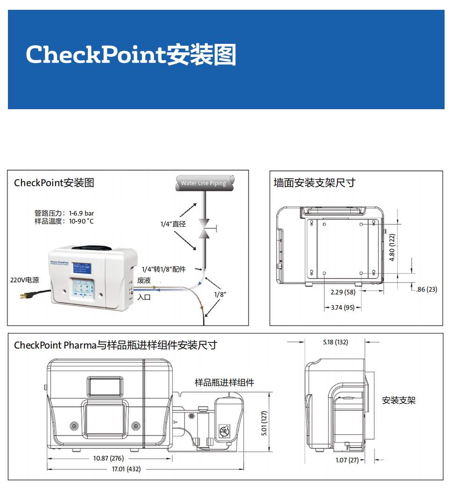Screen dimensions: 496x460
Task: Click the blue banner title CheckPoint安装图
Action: [x=131, y=55]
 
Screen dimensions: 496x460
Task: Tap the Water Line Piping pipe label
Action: [x=204, y=183]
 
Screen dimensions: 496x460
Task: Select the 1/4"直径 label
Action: [x=173, y=224]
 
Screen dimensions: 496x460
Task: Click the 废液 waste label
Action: [x=144, y=280]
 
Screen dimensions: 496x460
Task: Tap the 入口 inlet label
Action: [x=144, y=297]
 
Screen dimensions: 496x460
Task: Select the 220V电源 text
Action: [x=25, y=280]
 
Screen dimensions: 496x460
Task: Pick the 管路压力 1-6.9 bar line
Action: [x=64, y=213]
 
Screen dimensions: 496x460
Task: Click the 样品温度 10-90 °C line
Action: [x=64, y=221]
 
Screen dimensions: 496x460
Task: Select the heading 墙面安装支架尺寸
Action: [x=314, y=182]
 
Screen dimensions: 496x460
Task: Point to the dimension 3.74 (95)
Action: [x=342, y=307]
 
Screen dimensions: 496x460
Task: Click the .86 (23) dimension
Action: [x=426, y=289]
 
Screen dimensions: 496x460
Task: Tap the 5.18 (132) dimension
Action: [x=335, y=342]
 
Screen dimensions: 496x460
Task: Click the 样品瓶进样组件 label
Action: [x=225, y=383]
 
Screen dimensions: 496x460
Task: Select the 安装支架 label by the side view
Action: [x=399, y=400]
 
